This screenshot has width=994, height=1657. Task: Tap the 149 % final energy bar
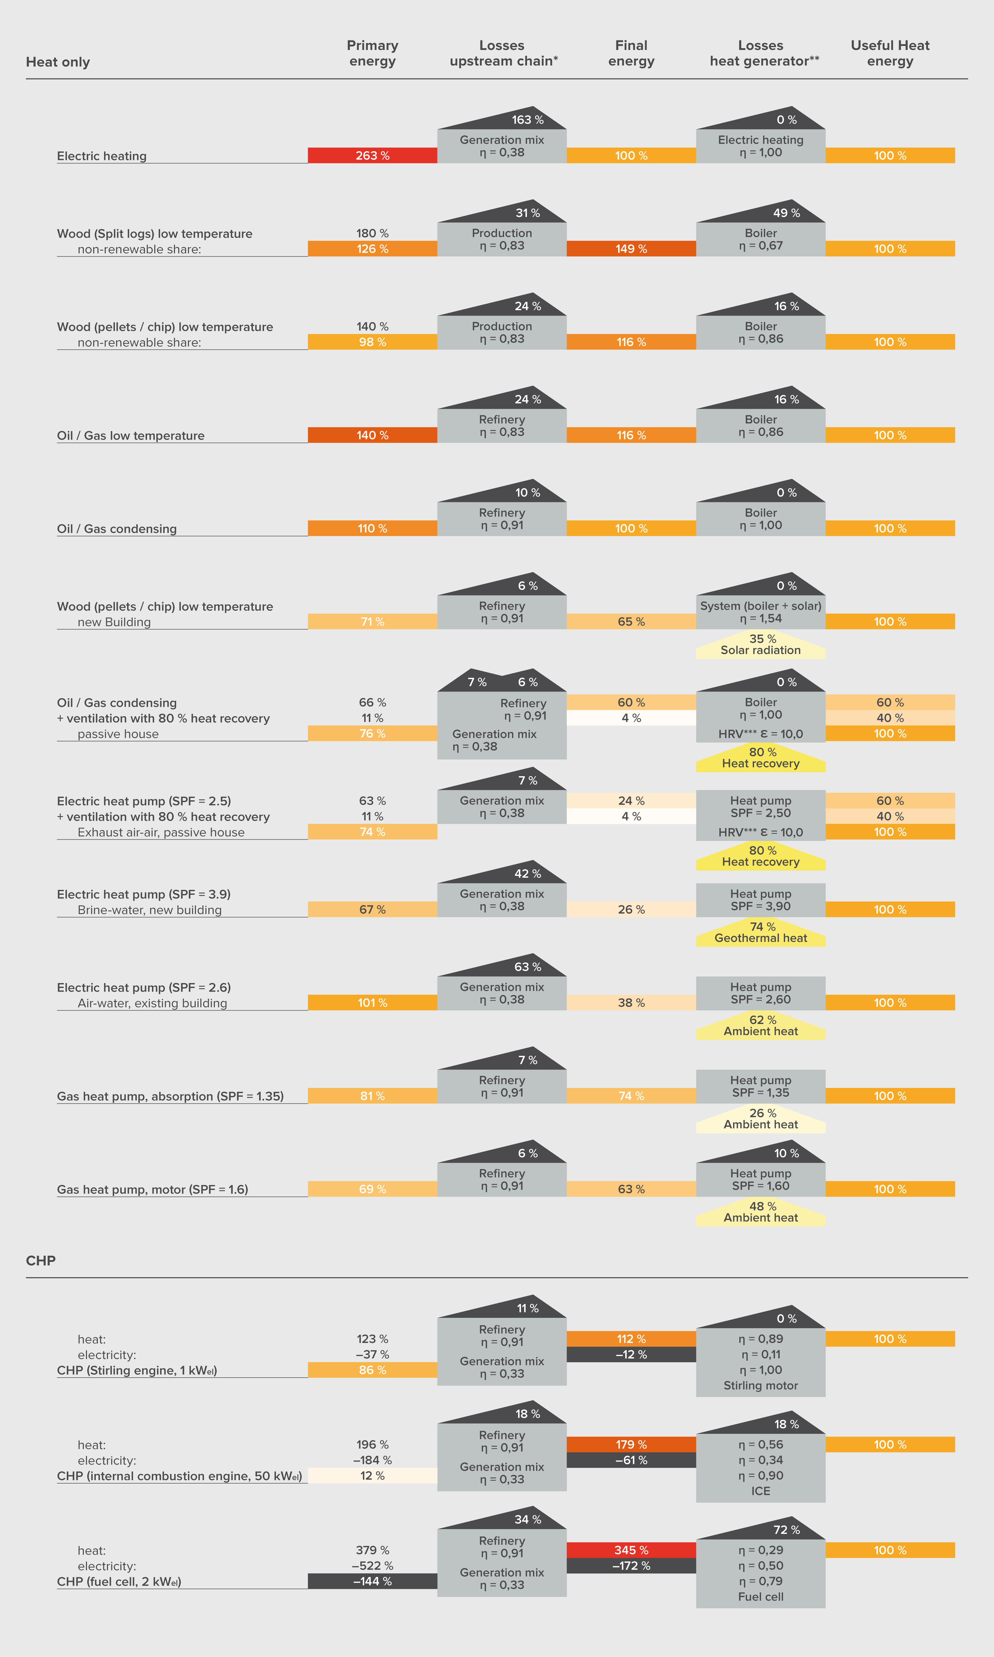point(631,249)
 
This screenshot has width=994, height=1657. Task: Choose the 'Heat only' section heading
point(58,62)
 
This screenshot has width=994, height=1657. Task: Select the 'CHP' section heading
point(41,1261)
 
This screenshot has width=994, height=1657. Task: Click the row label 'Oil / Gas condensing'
point(116,528)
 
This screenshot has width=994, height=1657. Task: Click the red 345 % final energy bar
point(631,1550)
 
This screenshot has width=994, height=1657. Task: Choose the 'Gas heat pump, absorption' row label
point(170,1096)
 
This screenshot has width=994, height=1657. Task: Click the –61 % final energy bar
point(631,1460)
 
